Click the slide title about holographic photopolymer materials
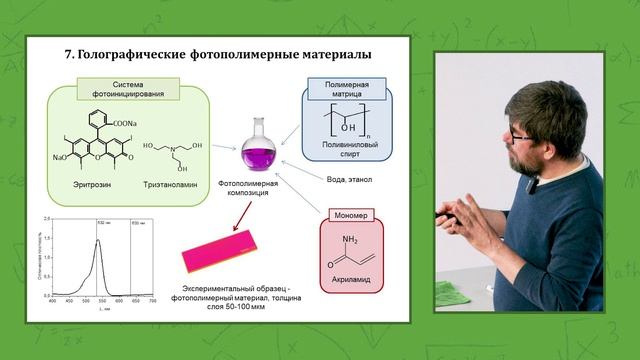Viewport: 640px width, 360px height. pos(219,53)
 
